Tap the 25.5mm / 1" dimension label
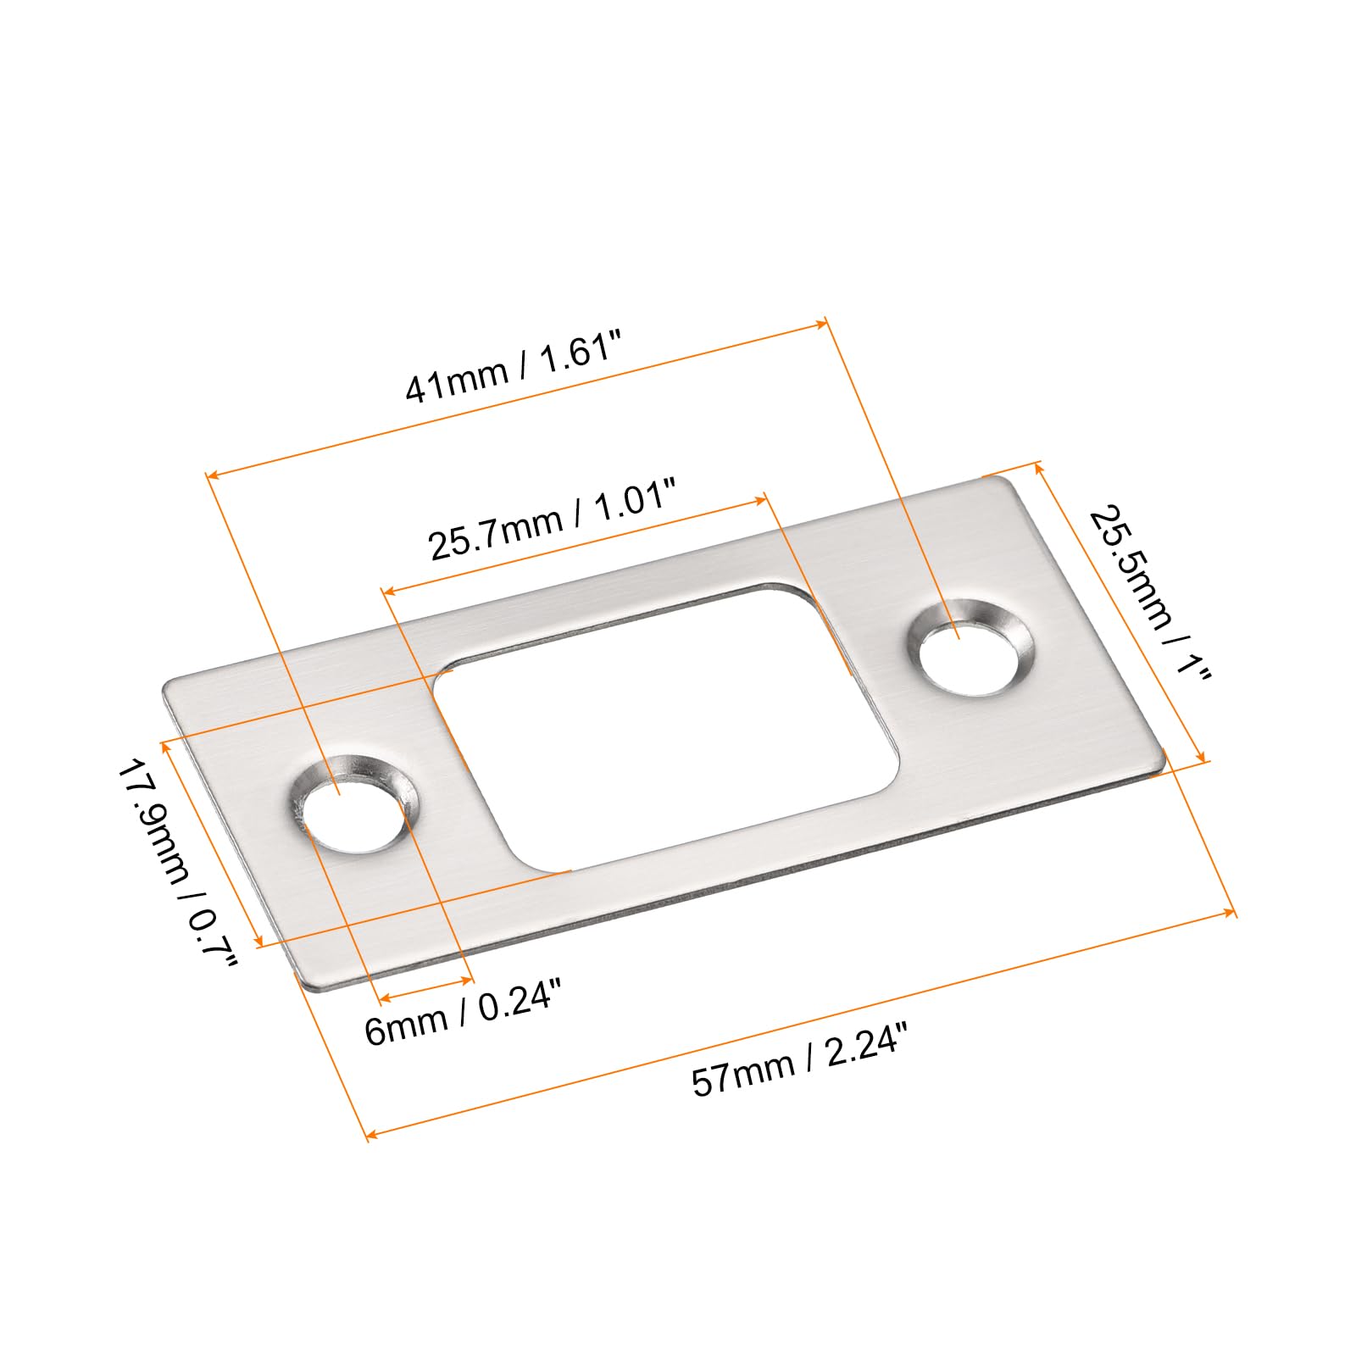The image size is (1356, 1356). click(x=1150, y=592)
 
